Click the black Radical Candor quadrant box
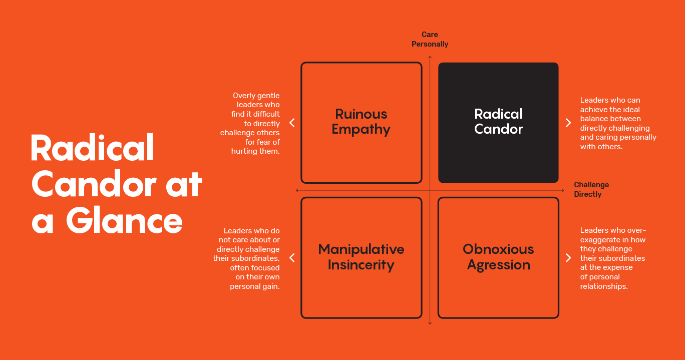[498, 123]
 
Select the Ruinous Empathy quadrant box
[362, 123]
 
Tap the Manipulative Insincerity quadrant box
[362, 258]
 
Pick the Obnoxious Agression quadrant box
[498, 258]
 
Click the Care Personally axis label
[430, 39]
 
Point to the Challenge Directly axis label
[591, 189]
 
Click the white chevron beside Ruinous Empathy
[292, 123]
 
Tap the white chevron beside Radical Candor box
[568, 123]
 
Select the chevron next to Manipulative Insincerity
[292, 258]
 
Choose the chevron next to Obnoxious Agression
[568, 258]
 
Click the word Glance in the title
[125, 220]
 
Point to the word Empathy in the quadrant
[361, 130]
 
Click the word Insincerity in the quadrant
[361, 265]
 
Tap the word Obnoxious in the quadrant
[498, 249]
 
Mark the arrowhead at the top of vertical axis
[430, 57]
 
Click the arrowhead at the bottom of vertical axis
[430, 323]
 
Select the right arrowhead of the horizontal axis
[563, 190]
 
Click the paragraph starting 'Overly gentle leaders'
[250, 123]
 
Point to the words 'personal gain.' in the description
[255, 286]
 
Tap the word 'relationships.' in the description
[604, 286]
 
